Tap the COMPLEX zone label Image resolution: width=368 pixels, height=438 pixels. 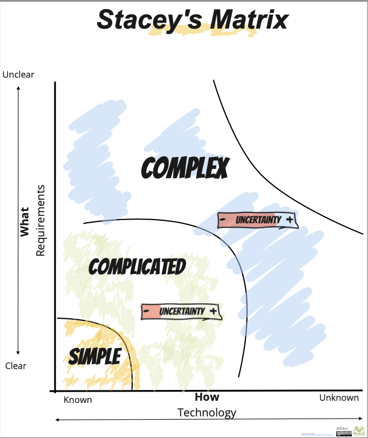185,168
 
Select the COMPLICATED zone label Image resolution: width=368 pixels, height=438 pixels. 137,266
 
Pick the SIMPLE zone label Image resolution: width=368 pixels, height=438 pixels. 94,356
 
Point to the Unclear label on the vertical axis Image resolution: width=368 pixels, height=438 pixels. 18,74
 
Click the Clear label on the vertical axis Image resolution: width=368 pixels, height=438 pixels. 16,366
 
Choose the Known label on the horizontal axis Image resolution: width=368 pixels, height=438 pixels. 78,400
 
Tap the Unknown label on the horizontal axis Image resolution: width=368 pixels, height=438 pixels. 339,398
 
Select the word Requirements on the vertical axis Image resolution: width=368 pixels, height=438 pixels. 39,221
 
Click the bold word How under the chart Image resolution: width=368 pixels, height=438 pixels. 207,397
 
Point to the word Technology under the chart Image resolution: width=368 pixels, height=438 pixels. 207,413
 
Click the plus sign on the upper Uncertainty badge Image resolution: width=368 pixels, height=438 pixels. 290,220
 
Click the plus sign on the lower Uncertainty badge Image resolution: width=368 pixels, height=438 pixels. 214,311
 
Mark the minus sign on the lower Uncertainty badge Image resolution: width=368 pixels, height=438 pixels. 146,312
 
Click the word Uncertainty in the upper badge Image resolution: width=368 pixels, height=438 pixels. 258,220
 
